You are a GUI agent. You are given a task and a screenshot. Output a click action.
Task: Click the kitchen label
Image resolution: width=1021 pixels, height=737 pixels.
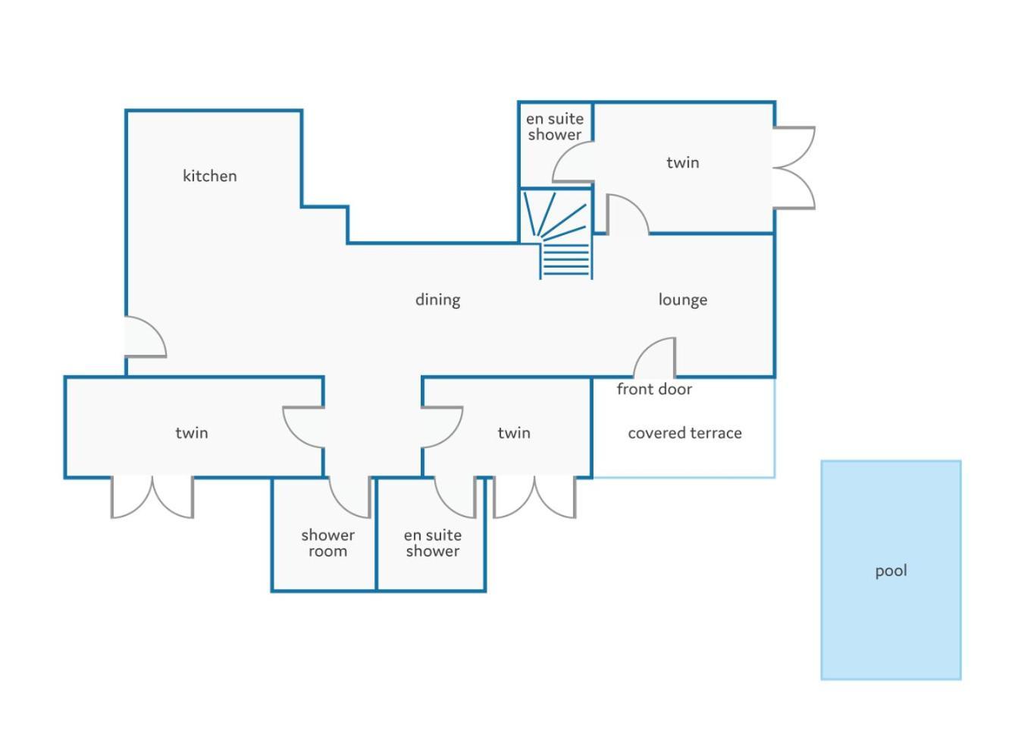tap(210, 176)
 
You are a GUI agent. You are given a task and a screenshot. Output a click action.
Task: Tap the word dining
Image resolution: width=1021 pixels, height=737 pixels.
tap(437, 300)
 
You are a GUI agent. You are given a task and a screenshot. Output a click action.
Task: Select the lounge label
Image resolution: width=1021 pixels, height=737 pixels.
tap(683, 300)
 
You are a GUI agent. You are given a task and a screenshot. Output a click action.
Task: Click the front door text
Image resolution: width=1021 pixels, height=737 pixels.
tap(654, 389)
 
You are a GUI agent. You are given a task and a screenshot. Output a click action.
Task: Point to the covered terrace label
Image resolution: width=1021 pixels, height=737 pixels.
tap(684, 433)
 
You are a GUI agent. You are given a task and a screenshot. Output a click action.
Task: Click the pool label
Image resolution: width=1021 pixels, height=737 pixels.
tap(891, 571)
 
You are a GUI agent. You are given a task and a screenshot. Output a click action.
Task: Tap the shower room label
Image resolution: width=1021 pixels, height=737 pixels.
tap(327, 543)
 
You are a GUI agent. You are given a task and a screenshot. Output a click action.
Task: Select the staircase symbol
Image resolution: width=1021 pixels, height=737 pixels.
tap(557, 234)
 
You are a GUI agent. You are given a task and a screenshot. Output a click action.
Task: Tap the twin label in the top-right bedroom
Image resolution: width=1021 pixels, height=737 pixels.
tap(683, 163)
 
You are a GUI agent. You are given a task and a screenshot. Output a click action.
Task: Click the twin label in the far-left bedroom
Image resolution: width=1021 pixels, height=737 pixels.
tap(192, 433)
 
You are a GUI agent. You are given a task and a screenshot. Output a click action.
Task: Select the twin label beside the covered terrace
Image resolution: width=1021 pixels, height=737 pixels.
tap(514, 433)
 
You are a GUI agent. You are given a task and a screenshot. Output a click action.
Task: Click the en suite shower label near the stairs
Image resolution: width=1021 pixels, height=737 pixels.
tap(555, 127)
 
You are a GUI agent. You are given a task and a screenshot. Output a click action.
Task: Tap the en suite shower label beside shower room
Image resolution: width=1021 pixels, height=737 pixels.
tap(433, 543)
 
